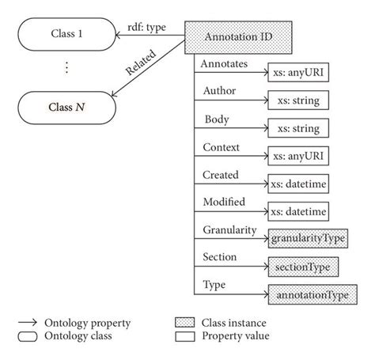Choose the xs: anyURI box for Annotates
tap(299, 73)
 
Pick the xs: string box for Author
tap(299, 100)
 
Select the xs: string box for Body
tap(299, 127)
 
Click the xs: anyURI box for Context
tap(299, 155)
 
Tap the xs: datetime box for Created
tap(299, 183)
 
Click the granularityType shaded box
tap(304, 237)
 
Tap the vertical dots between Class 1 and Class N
tap(67, 68)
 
